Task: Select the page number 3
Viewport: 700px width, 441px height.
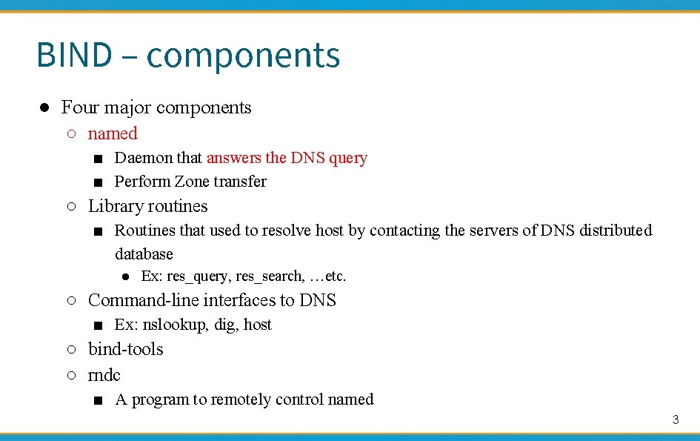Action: (675, 420)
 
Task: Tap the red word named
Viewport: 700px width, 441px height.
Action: (113, 133)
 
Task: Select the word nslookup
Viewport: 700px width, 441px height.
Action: (176, 325)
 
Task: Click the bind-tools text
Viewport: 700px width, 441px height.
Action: (125, 349)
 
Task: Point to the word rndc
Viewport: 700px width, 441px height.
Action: (104, 375)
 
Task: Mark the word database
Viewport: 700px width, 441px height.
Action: (144, 254)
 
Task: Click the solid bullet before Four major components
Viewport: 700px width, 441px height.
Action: (44, 108)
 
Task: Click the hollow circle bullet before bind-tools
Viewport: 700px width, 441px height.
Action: (70, 350)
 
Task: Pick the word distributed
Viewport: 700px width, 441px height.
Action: (616, 231)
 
